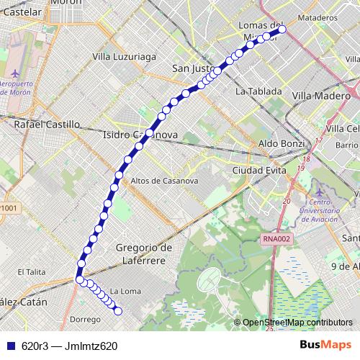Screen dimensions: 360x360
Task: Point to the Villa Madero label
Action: coord(321,95)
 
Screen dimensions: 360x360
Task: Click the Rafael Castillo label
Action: coord(47,124)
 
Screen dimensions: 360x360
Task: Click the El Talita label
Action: coord(31,271)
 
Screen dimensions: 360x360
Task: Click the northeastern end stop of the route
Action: coord(282,30)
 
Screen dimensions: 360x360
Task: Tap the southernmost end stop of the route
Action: coord(118,311)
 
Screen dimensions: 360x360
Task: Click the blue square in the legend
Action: coord(8,346)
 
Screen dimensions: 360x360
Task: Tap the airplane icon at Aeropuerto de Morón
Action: coord(17,73)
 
